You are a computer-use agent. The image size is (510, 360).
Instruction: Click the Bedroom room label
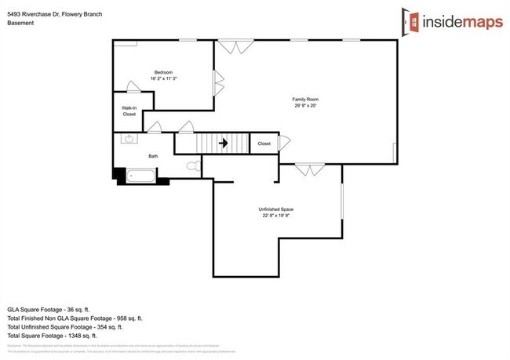pos(163,72)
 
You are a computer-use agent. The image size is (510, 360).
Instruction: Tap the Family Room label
pos(305,99)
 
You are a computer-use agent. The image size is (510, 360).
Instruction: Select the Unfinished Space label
pos(276,209)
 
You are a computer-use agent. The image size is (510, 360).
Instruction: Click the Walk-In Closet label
pos(129,111)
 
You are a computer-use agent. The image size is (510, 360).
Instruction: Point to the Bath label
pos(153,156)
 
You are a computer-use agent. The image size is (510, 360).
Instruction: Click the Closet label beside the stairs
pos(264,144)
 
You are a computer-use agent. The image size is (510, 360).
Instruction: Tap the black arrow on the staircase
pos(223,144)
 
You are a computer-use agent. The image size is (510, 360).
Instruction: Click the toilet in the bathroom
pos(192,166)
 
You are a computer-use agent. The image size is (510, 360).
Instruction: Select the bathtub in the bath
pos(142,176)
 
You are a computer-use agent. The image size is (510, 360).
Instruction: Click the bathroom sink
pos(129,140)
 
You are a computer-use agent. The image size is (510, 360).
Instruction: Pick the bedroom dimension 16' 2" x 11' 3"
pos(163,78)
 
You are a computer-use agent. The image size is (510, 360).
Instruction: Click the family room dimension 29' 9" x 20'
pos(305,105)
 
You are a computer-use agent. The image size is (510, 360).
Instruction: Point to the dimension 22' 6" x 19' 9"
pos(276,215)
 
